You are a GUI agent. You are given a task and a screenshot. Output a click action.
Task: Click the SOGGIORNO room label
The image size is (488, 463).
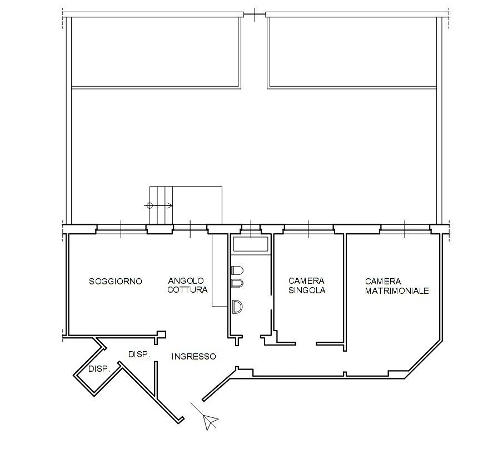(115, 282)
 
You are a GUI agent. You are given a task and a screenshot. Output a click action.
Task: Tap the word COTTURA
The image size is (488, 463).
(187, 290)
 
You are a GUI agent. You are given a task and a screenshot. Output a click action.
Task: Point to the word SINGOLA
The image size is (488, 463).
(306, 290)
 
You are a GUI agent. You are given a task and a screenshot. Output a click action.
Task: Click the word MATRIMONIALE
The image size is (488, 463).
(397, 290)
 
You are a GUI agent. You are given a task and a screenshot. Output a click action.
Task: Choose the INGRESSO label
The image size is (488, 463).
(193, 357)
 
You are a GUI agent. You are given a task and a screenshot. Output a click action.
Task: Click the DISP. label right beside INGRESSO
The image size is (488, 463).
(139, 354)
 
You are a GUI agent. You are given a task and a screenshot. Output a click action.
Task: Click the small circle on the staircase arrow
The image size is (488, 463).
(149, 205)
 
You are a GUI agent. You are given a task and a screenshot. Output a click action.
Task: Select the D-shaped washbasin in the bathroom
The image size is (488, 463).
(237, 306)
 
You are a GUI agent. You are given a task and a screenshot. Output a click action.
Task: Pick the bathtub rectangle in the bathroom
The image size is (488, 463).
(251, 243)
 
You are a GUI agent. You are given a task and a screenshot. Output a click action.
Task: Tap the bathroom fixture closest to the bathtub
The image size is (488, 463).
(237, 270)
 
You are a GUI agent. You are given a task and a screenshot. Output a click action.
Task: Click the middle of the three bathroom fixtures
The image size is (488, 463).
(237, 284)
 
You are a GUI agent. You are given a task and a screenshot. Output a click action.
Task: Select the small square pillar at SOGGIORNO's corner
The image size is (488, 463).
(162, 334)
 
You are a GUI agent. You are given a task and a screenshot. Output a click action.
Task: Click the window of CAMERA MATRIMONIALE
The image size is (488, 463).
(404, 228)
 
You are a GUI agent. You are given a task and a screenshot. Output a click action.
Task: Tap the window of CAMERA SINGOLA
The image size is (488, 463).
(308, 228)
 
